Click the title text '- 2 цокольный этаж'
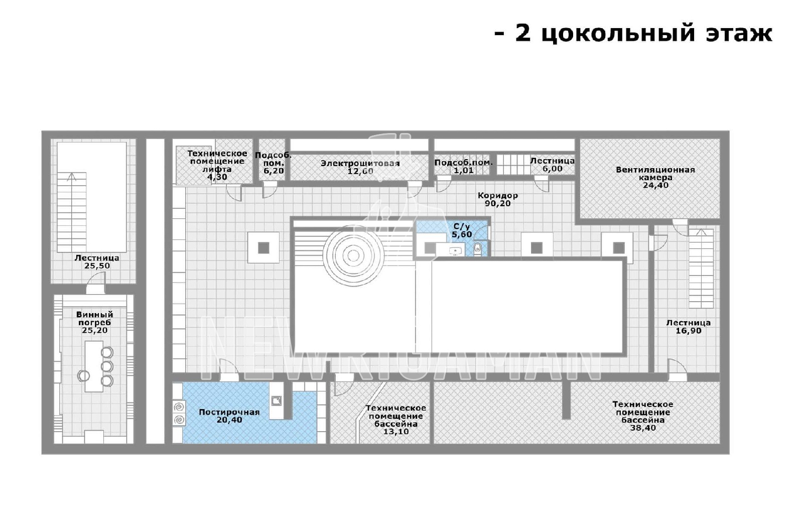(x=633, y=33)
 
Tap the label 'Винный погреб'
(x=95, y=318)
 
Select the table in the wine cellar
(x=94, y=366)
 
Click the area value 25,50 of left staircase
(x=97, y=266)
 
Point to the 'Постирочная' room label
(x=229, y=412)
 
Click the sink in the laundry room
(x=276, y=400)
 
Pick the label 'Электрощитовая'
(x=360, y=163)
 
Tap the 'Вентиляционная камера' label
(x=655, y=173)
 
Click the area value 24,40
(x=655, y=185)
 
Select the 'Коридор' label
(x=497, y=195)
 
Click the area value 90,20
(x=497, y=204)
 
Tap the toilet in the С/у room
(x=478, y=247)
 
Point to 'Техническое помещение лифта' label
(x=217, y=161)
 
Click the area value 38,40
(x=643, y=428)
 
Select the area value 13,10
(x=396, y=432)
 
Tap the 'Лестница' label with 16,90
(x=688, y=323)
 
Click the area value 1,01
(x=463, y=171)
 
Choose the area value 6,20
(x=274, y=171)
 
